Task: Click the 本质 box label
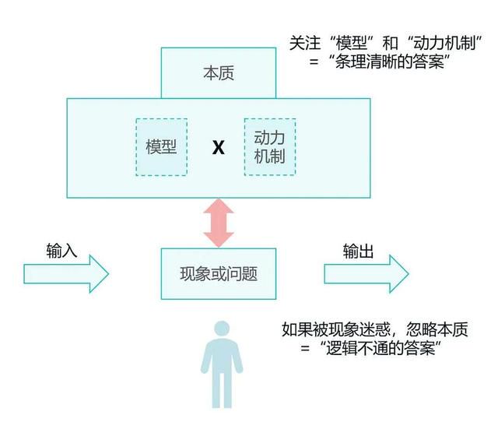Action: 219,73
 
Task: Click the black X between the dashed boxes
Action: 218,147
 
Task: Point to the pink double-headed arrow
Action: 219,223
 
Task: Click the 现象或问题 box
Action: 219,274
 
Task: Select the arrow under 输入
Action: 66,273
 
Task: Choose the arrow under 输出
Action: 366,273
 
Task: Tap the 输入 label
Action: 61,251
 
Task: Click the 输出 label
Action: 358,251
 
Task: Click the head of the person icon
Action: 222,329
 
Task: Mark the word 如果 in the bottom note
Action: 297,329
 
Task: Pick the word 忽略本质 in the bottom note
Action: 437,329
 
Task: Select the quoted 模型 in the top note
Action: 351,43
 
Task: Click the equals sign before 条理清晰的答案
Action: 314,62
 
